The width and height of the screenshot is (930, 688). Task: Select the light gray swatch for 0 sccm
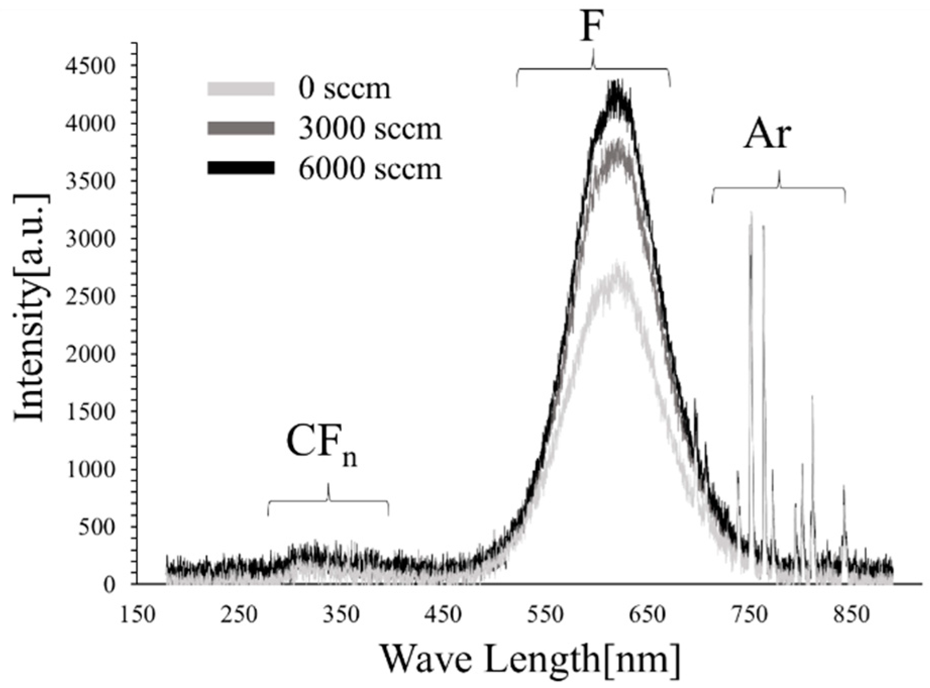click(241, 89)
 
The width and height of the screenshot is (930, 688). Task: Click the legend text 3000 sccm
click(370, 129)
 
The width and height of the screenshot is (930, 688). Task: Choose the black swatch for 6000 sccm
click(241, 168)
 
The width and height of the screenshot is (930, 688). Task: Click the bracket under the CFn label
click(329, 501)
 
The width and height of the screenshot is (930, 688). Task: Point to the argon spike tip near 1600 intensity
click(812, 398)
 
